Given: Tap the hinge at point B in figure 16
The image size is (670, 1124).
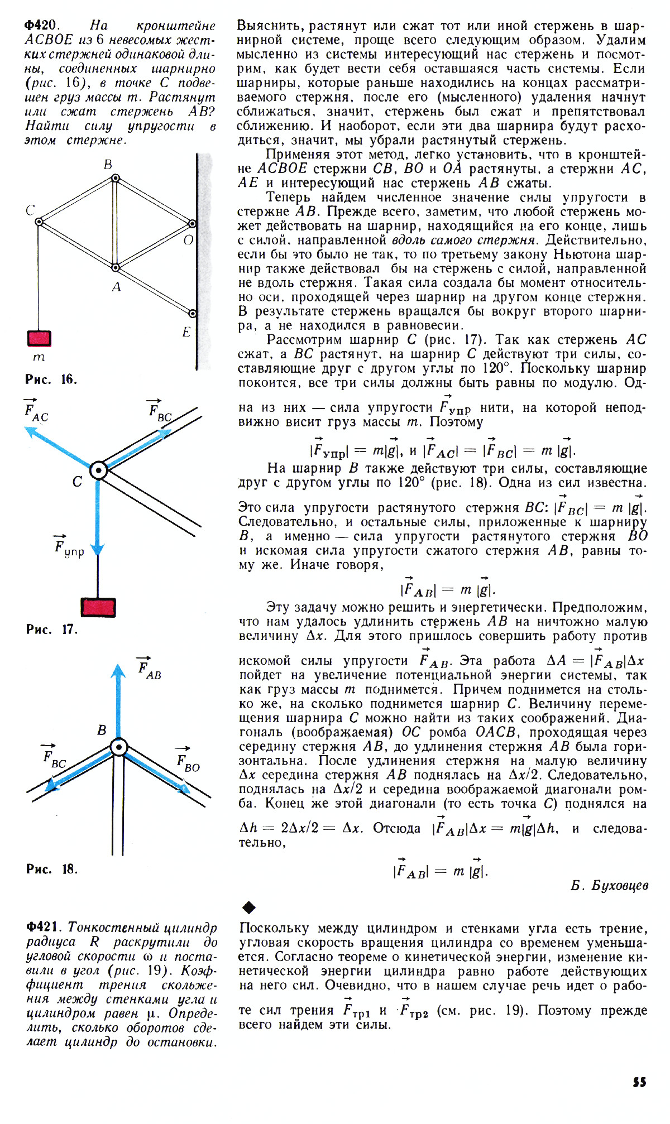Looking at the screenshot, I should [115, 179].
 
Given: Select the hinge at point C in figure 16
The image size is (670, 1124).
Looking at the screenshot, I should [39, 222].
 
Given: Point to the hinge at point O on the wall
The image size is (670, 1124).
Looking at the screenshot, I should [192, 224].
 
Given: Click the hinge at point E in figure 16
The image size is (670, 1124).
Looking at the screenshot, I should [193, 314].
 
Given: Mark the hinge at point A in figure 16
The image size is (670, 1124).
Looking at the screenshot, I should [116, 268].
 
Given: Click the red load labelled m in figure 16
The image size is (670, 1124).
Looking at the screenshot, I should [39, 339].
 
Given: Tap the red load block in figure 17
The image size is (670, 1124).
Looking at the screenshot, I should [98, 607].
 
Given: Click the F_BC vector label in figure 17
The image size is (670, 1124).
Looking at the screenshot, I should [160, 412].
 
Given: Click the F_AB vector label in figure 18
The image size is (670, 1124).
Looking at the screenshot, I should [149, 669].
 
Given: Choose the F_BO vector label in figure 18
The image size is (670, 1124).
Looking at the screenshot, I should [188, 762].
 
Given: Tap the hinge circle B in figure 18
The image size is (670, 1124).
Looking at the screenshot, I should [118, 747].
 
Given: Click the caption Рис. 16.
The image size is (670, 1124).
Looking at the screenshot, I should [51, 380].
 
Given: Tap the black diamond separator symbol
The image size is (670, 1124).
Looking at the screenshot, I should [249, 907].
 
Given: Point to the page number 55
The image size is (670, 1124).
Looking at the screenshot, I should [639, 1082].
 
